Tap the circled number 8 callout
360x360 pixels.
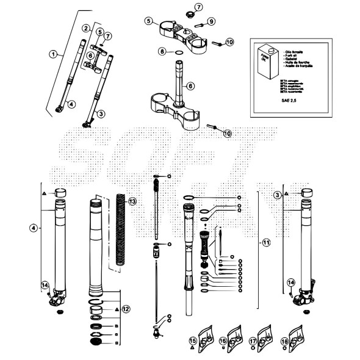(163, 52)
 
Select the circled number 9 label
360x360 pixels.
(211, 22)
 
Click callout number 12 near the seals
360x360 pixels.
(125, 309)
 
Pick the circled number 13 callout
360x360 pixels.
(132, 201)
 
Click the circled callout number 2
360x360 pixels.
(86, 28)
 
